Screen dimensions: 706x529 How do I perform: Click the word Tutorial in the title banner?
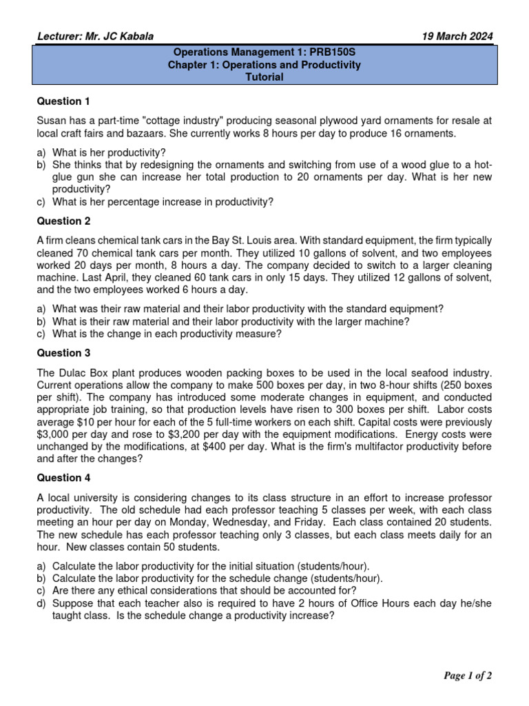(264, 77)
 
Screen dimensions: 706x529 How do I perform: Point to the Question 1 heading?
(63, 101)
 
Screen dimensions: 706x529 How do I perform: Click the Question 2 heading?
(63, 221)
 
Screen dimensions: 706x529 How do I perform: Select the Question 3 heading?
(63, 353)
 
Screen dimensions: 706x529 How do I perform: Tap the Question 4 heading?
(63, 477)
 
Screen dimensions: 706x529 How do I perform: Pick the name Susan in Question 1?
(52, 121)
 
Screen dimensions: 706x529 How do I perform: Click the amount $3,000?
(54, 434)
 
